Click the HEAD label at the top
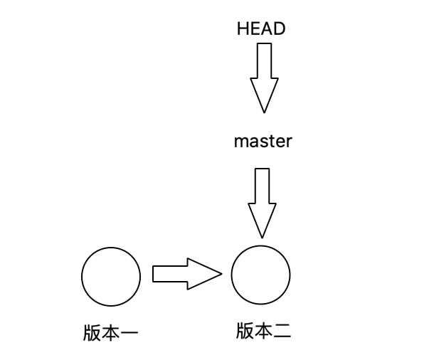coord(261,29)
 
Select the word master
coord(263,141)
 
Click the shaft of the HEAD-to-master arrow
coord(263,60)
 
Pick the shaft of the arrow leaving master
coord(262,186)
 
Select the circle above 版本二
coord(261,275)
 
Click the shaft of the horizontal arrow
coord(169,274)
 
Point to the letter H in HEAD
coord(243,29)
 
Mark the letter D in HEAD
coord(280,29)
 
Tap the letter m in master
coord(240,142)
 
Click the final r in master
coord(289,142)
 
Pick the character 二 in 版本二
coord(281,331)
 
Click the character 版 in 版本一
coord(91,333)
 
